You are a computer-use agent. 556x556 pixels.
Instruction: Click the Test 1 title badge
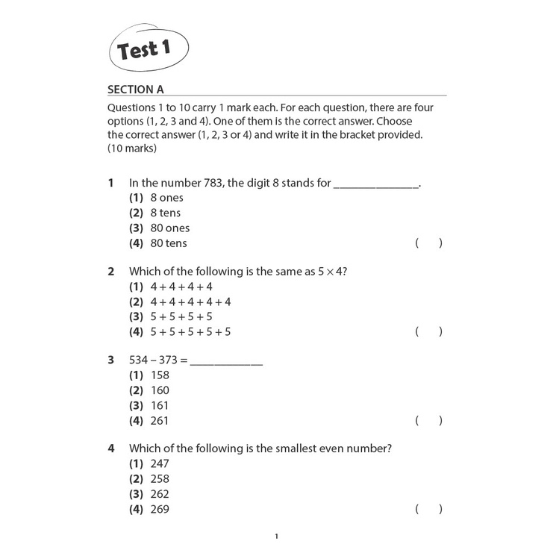coord(146,51)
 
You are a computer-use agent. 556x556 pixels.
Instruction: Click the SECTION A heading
coord(135,90)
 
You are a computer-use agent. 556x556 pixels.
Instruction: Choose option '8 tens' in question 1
coord(165,213)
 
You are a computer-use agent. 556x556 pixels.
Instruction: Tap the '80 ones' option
coord(169,228)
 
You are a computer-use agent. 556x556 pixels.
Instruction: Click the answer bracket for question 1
coord(429,243)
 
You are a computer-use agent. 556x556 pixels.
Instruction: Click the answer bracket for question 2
coord(429,331)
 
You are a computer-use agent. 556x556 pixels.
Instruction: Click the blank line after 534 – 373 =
coord(227,360)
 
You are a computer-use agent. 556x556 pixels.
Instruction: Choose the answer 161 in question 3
coord(160,405)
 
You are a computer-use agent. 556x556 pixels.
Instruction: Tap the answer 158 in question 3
coord(160,375)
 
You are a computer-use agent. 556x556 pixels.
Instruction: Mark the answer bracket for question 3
coord(429,420)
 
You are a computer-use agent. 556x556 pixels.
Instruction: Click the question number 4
coord(111,449)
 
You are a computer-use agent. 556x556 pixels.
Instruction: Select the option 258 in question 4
coord(160,479)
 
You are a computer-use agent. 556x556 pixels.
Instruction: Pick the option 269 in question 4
coord(160,509)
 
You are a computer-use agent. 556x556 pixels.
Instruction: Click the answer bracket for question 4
coord(429,509)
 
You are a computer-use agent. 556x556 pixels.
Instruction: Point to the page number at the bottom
coord(277,537)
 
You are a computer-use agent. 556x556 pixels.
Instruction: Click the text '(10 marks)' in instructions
coord(132,149)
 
